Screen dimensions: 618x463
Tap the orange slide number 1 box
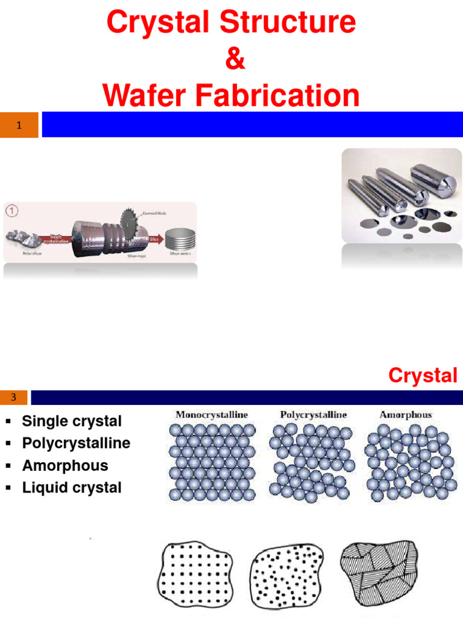point(19,125)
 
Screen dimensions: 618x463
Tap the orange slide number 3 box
point(13,397)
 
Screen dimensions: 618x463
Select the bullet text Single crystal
point(72,421)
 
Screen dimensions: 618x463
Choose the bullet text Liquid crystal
point(72,488)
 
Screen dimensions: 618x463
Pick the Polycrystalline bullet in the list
point(76,443)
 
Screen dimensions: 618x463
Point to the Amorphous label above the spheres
point(406,415)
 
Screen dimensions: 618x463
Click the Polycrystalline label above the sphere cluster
point(313,415)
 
